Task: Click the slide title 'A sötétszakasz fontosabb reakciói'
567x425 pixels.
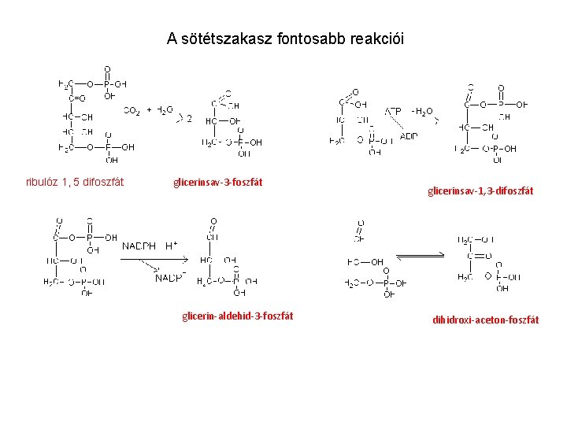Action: click(x=285, y=39)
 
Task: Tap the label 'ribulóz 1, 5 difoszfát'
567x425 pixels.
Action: click(x=75, y=183)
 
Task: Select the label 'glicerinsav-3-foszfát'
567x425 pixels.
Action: click(x=217, y=183)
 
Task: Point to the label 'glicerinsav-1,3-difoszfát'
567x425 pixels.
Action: click(x=480, y=190)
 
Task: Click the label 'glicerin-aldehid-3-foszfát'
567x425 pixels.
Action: click(x=237, y=316)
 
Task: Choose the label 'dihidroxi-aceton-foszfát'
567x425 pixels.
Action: click(x=486, y=320)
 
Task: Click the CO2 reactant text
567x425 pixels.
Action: click(x=132, y=111)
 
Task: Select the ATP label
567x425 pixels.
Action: click(x=393, y=111)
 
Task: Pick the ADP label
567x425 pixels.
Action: click(x=409, y=136)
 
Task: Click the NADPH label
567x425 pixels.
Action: click(x=139, y=246)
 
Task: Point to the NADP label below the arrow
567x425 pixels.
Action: click(x=170, y=278)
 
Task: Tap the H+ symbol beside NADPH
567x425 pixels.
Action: click(x=170, y=245)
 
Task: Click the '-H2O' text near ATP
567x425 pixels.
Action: click(x=422, y=111)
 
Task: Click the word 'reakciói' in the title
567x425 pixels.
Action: click(x=380, y=39)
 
